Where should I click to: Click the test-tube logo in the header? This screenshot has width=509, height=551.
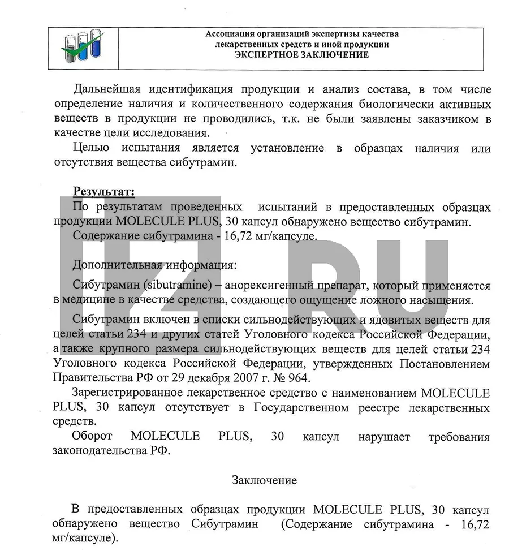(x=82, y=48)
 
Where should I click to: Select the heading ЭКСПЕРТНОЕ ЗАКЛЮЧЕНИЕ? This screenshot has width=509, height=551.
(x=301, y=55)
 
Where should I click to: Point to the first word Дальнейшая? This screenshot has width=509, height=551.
(x=109, y=90)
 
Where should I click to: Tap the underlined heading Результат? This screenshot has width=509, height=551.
(x=103, y=192)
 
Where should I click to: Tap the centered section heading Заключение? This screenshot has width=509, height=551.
(x=264, y=481)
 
